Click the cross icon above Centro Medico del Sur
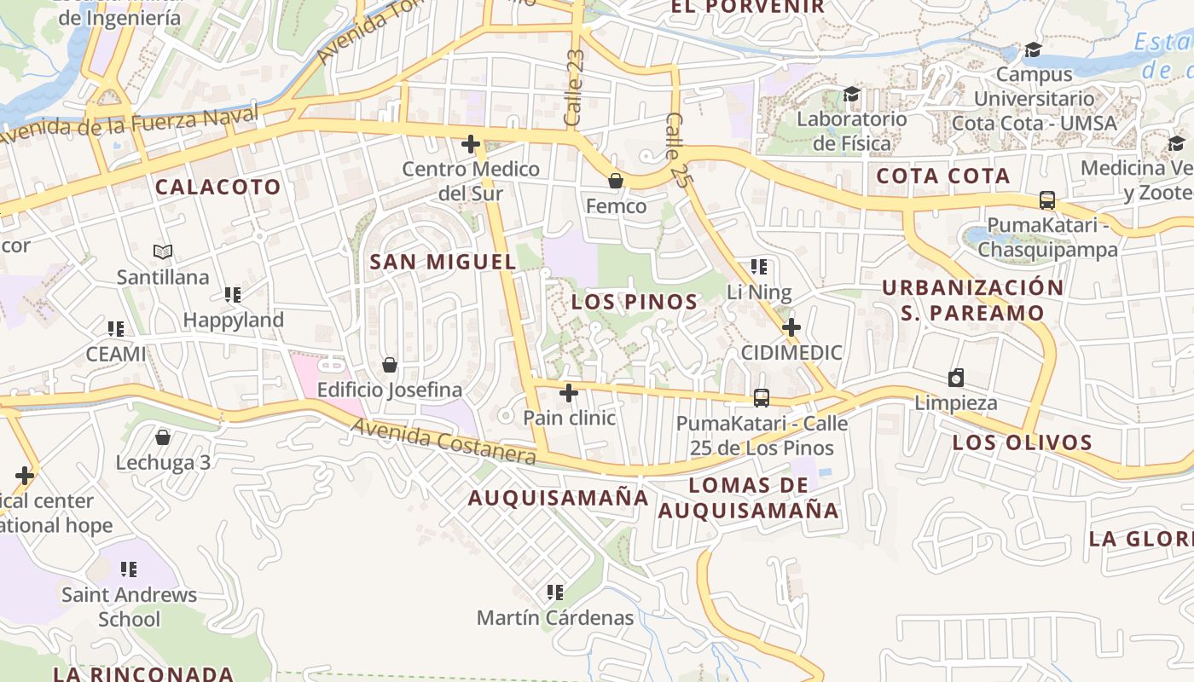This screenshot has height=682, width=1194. tap(470, 144)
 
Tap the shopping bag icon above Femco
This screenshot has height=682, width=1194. tap(615, 181)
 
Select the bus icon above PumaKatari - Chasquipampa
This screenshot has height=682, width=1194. tap(1047, 200)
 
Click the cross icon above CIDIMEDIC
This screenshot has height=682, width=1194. tap(791, 327)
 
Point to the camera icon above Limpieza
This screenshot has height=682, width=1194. tap(956, 378)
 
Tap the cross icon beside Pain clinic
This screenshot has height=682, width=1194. tap(569, 393)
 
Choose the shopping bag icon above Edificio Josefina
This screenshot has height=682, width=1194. tap(390, 365)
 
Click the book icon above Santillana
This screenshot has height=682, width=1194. tap(163, 251)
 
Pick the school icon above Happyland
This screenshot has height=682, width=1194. tap(233, 295)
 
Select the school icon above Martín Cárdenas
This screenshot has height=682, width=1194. tap(555, 592)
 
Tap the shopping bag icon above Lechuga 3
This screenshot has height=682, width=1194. tap(163, 437)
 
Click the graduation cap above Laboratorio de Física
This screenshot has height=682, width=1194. tap(851, 93)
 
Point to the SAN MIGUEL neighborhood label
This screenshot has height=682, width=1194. tap(443, 262)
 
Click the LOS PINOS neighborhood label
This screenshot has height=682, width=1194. tap(635, 302)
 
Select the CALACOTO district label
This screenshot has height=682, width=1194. tap(217, 188)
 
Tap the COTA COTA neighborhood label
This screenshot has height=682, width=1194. tap(943, 176)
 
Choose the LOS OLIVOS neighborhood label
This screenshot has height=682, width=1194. tap(1023, 442)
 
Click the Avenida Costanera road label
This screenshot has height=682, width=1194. tap(443, 441)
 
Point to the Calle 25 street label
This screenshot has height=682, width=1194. tap(676, 150)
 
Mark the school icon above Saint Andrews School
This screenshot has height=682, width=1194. tap(129, 569)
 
